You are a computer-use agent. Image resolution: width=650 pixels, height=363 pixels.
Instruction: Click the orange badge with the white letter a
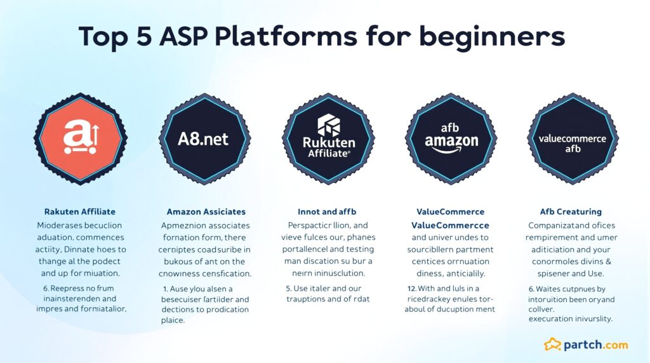pos(80,138)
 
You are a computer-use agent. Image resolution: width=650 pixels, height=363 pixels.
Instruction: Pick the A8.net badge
pos(204,138)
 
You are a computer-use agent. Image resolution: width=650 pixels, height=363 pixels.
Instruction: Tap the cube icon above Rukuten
pos(328,125)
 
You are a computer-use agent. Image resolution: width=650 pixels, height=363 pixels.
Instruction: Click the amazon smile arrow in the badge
pos(452,150)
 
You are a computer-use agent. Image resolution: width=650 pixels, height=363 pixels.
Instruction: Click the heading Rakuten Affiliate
pos(80,211)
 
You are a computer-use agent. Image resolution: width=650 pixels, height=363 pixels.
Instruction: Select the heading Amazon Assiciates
pos(206,211)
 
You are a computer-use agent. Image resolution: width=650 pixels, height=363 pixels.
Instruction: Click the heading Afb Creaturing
pos(571,211)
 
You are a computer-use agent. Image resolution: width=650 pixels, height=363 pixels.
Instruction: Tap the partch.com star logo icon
pos(552,345)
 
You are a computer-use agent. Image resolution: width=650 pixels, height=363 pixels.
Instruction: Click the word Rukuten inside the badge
pos(328,142)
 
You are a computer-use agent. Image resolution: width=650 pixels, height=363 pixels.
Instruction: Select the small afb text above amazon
pos(452,127)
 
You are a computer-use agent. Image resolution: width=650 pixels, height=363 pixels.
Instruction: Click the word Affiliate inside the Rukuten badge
pos(328,154)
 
